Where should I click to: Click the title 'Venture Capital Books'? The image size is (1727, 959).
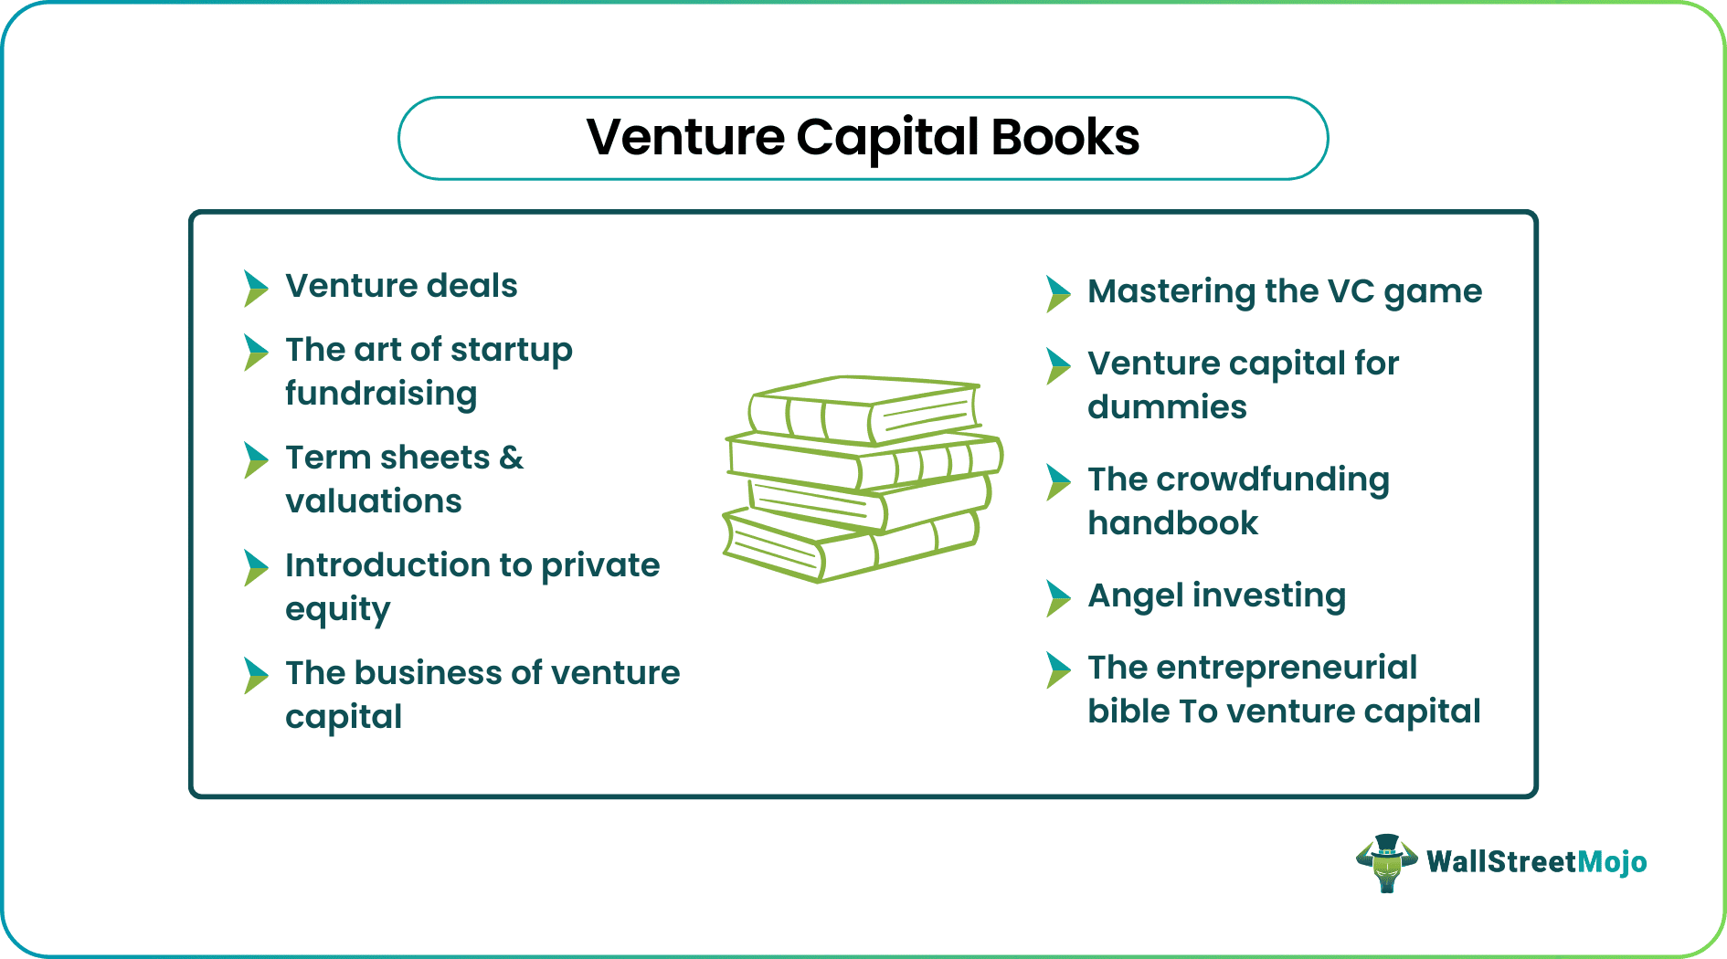(x=863, y=138)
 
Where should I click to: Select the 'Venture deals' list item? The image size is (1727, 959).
(x=401, y=286)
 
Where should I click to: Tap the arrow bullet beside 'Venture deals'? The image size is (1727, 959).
(x=256, y=288)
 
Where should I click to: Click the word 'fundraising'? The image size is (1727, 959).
(x=381, y=394)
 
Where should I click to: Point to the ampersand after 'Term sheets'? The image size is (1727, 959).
(x=512, y=458)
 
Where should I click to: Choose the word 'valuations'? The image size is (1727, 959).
(x=374, y=501)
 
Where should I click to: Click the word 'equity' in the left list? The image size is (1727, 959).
(x=337, y=609)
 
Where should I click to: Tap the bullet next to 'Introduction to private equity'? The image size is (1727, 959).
(x=256, y=567)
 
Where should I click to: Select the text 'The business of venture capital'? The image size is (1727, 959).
(x=482, y=694)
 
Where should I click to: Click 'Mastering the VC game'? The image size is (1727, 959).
(x=1284, y=291)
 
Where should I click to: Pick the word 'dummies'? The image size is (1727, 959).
(x=1167, y=407)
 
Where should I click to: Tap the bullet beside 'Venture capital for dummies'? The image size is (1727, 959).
(x=1058, y=365)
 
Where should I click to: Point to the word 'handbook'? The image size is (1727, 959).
(x=1172, y=523)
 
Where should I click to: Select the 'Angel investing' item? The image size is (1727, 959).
(x=1216, y=595)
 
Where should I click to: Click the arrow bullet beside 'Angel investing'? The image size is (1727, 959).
(x=1058, y=598)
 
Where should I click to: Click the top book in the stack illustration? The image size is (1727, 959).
(x=863, y=409)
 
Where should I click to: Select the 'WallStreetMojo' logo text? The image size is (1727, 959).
(x=1536, y=862)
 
